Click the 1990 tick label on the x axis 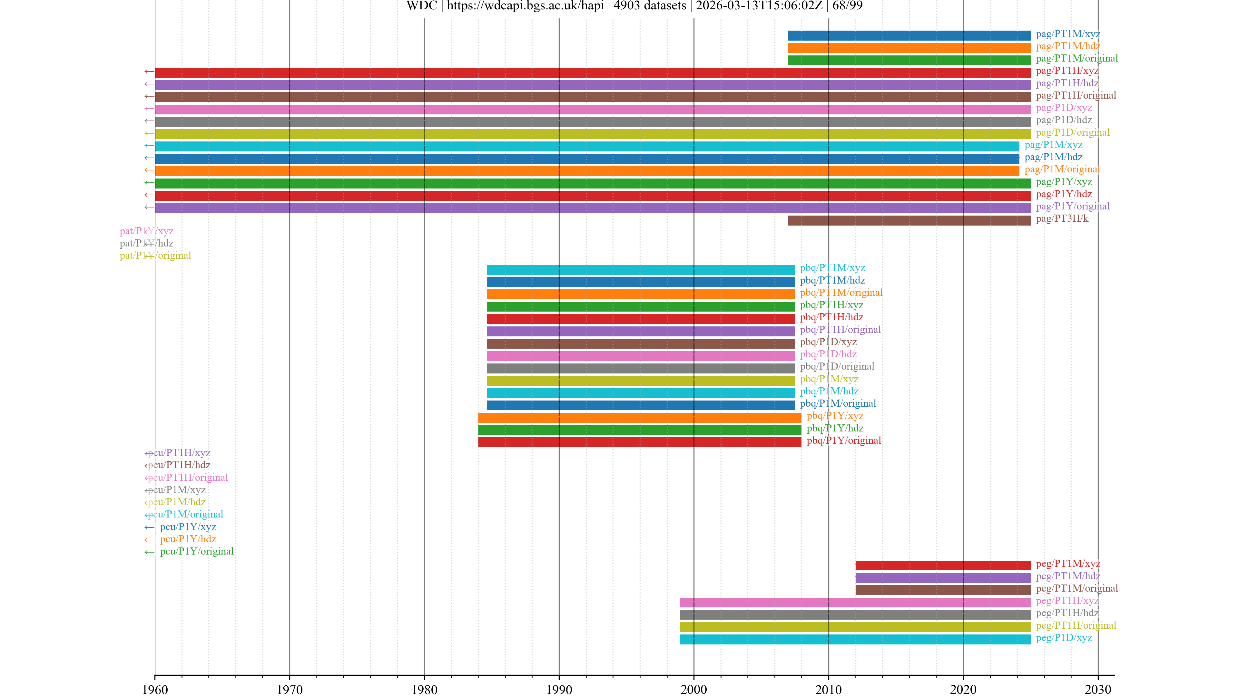(559, 689)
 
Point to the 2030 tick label (1098, 689)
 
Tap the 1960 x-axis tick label (155, 689)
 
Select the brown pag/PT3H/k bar (909, 220)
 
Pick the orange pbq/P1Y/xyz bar (639, 417)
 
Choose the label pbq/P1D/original (837, 366)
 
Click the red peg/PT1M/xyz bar (942, 565)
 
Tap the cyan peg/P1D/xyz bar (855, 639)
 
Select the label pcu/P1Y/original (197, 551)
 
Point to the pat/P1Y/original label (155, 256)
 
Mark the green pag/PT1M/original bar (909, 60)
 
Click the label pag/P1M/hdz (1054, 157)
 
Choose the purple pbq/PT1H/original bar (640, 331)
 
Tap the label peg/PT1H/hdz (1067, 613)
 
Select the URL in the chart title (525, 6)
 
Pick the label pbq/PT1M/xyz (832, 268)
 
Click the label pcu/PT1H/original (187, 478)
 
